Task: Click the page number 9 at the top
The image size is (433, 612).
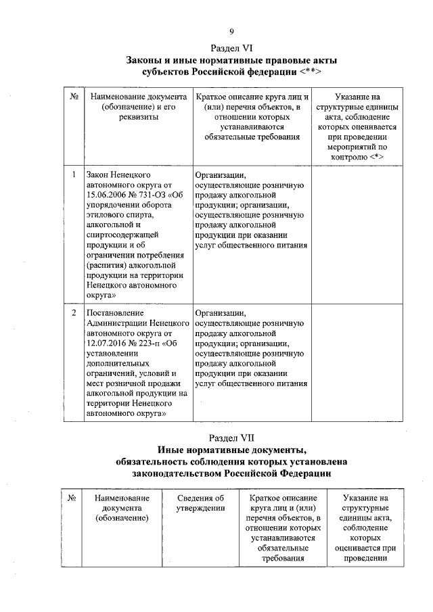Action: [x=231, y=31]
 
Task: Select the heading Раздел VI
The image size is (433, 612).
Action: [x=231, y=48]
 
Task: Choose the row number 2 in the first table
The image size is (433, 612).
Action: [x=73, y=314]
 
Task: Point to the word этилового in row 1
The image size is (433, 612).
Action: [x=106, y=216]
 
